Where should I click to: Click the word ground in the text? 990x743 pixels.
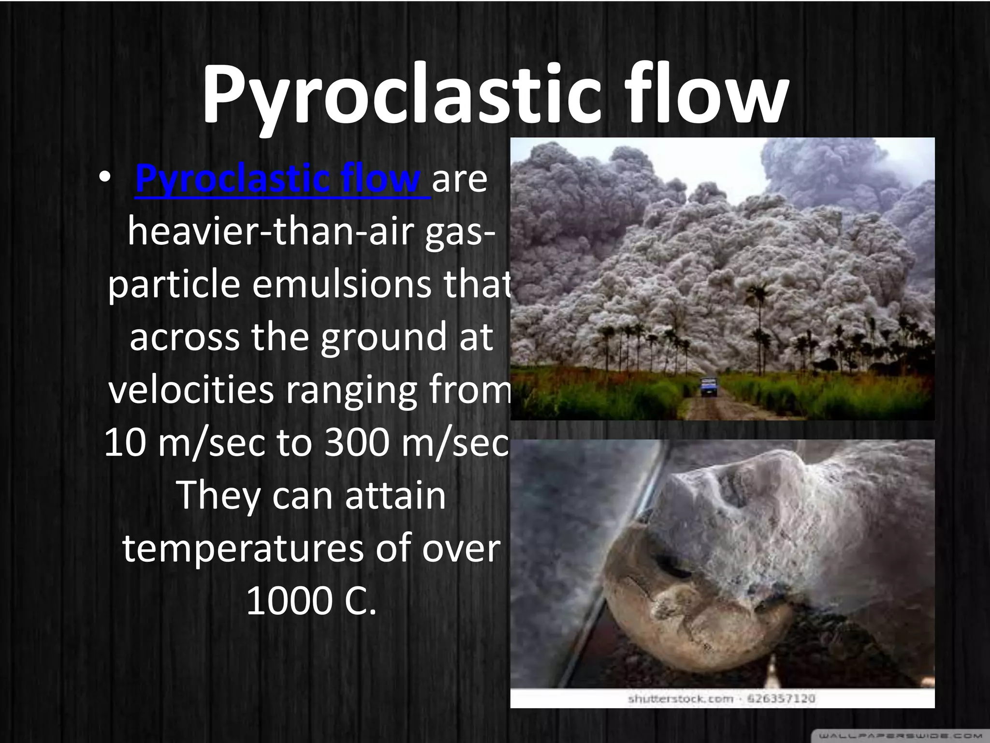384,338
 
